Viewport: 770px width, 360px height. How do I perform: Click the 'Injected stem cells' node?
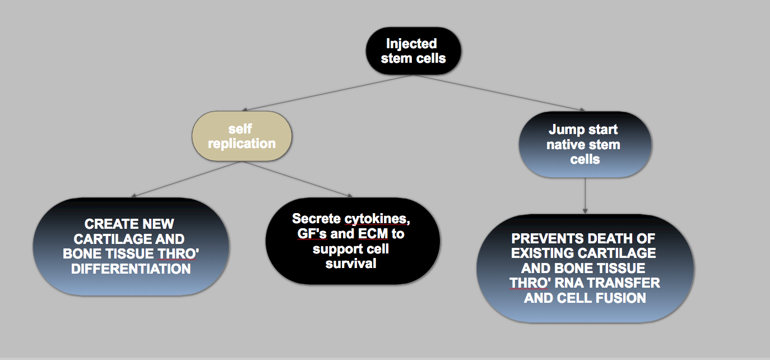click(413, 51)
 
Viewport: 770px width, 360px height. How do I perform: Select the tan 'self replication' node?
click(242, 136)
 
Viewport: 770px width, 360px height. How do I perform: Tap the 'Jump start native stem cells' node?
click(585, 145)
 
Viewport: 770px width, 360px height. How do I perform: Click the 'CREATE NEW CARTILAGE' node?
click(131, 247)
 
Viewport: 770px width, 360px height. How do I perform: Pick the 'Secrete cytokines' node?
click(352, 241)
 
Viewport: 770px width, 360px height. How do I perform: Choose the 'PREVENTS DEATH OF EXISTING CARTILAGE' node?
click(585, 268)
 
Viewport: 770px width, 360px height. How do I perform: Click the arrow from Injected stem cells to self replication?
click(328, 93)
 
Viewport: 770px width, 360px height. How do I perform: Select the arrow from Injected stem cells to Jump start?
click(499, 93)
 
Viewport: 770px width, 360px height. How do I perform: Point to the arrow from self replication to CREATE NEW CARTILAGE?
click(186, 179)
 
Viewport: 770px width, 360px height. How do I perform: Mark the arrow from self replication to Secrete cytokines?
click(298, 179)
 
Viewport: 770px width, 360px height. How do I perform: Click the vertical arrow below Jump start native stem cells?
click(585, 196)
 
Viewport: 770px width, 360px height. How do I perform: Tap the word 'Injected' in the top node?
click(411, 44)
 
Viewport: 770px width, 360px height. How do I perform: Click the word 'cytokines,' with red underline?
click(377, 219)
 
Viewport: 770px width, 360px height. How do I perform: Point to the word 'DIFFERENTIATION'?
click(131, 269)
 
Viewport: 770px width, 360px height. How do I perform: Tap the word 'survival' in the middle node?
click(351, 264)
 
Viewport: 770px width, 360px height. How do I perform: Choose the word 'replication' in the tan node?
click(242, 144)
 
